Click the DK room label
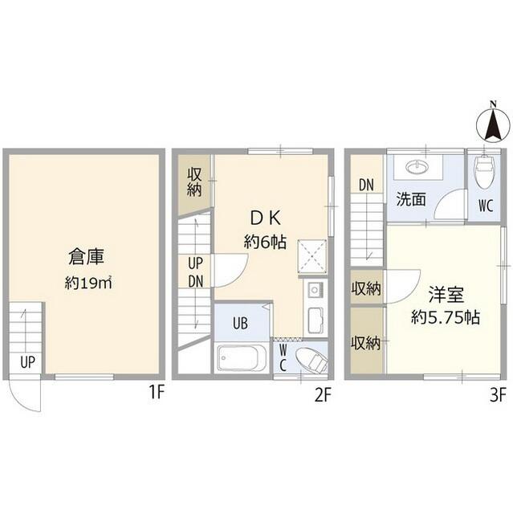[267, 218]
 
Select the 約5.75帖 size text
[446, 316]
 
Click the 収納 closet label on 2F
[194, 182]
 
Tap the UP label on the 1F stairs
[27, 361]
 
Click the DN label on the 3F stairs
[366, 185]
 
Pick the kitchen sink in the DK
[314, 290]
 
